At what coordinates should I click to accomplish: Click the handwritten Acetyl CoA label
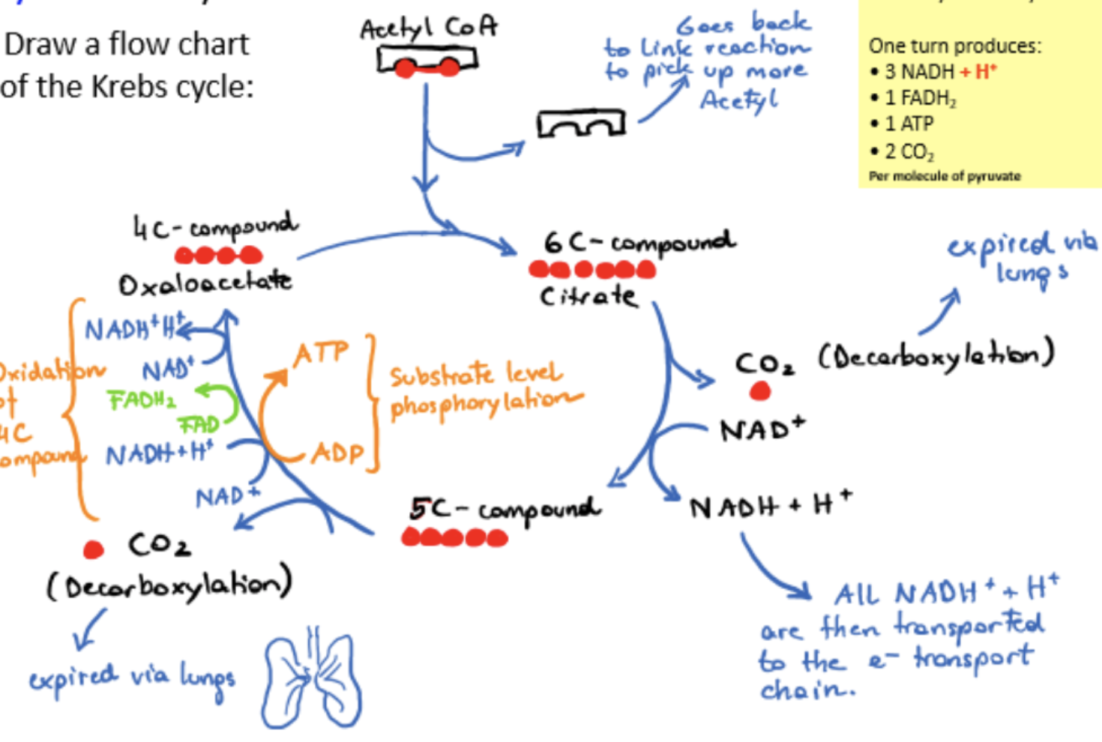click(x=428, y=28)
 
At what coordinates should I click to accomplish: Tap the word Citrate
click(x=589, y=297)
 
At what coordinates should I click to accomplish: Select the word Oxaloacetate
click(x=205, y=283)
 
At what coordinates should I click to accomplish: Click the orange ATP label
click(x=322, y=353)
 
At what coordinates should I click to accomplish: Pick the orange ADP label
click(x=337, y=453)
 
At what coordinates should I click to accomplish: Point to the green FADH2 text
click(x=142, y=400)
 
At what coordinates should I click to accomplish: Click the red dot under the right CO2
click(x=759, y=390)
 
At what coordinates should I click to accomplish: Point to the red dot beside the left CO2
click(x=94, y=549)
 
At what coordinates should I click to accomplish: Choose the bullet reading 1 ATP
click(x=908, y=124)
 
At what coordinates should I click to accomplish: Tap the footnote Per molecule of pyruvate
click(x=945, y=176)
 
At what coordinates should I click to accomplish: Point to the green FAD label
click(x=199, y=425)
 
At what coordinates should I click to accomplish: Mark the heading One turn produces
click(x=954, y=46)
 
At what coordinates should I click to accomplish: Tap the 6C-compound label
click(x=639, y=242)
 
